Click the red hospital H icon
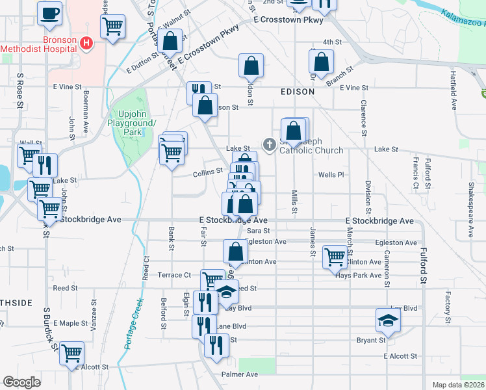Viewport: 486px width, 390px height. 86,44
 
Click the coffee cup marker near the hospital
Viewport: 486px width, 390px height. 49,13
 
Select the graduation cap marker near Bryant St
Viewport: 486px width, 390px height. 388,320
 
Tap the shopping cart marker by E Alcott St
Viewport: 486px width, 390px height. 71,353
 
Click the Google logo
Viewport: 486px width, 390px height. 22,382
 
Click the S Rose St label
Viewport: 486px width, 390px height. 21,91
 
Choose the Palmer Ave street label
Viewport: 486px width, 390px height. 239,374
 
